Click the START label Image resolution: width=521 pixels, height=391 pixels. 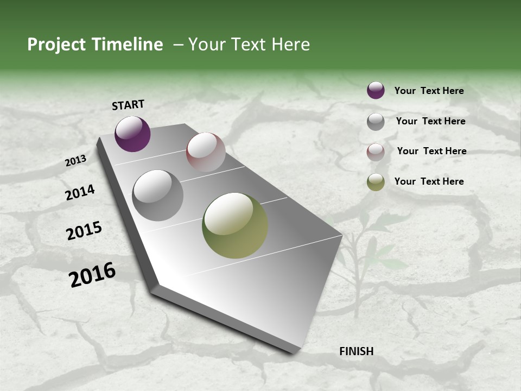pyautogui.click(x=128, y=105)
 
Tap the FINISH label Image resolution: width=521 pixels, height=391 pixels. pyautogui.click(x=357, y=351)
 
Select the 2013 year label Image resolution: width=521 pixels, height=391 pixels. pyautogui.click(x=75, y=161)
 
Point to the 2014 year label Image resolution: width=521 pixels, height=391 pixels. pyautogui.click(x=80, y=192)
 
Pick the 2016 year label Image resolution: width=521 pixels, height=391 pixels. pyautogui.click(x=92, y=275)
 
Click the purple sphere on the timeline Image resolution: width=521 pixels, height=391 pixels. pyautogui.click(x=132, y=134)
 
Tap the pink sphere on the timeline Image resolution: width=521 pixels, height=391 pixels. pyautogui.click(x=206, y=152)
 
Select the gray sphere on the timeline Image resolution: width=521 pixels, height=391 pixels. pyautogui.click(x=158, y=195)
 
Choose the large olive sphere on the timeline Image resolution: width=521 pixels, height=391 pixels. pyautogui.click(x=235, y=225)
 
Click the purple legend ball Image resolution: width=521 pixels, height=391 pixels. pyautogui.click(x=376, y=90)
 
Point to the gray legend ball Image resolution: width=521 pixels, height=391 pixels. pyautogui.click(x=376, y=122)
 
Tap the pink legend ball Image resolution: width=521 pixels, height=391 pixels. pyautogui.click(x=376, y=152)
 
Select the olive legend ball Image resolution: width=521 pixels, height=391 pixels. pyautogui.click(x=376, y=182)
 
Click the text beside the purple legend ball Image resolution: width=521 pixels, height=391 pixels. pyautogui.click(x=429, y=91)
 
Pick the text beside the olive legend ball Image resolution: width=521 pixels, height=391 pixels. pyautogui.click(x=429, y=181)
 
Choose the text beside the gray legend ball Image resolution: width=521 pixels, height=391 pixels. pyautogui.click(x=430, y=121)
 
